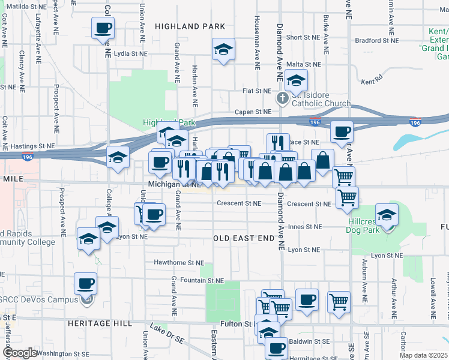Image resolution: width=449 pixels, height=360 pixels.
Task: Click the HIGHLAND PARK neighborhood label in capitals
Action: (x=190, y=26)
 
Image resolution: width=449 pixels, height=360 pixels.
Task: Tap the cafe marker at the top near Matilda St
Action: (x=103, y=28)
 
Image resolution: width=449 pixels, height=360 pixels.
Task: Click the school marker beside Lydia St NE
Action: (x=223, y=50)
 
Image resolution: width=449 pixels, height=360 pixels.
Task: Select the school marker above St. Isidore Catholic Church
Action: (x=296, y=80)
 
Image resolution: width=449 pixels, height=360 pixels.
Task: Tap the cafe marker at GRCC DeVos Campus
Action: (x=85, y=283)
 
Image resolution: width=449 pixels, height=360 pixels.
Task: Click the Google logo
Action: (x=20, y=353)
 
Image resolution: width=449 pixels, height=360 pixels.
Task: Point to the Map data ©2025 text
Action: (x=423, y=355)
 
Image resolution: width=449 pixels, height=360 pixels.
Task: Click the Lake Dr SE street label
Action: (x=167, y=335)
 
